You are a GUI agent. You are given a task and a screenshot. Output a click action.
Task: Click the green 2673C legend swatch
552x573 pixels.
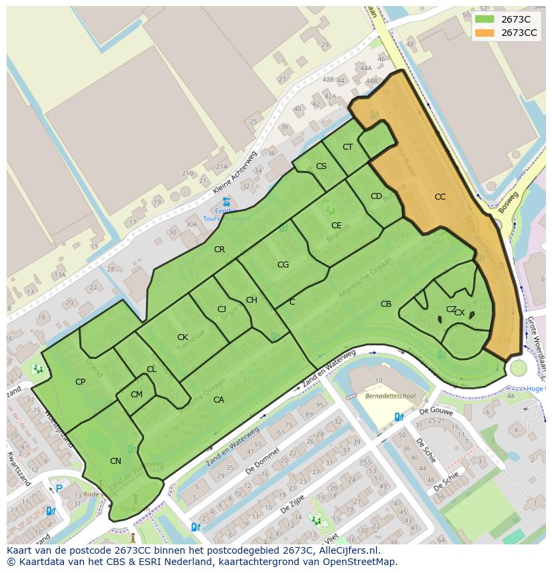coord(485,19)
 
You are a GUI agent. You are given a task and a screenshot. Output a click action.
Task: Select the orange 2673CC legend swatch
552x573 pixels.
coord(485,33)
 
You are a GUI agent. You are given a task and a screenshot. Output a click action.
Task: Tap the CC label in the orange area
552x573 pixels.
coord(440,196)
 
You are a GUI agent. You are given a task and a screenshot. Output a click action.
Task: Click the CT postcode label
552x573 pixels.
coord(347,147)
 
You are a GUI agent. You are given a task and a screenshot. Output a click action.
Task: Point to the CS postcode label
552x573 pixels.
coord(321,166)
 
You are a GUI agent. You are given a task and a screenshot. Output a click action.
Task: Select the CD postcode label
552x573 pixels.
coord(376,196)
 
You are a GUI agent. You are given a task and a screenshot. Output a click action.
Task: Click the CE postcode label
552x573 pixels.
coord(337,226)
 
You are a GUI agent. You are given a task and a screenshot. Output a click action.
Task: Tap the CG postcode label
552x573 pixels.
coord(283,265)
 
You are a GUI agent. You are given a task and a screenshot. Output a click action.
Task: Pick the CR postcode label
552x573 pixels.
coord(219,250)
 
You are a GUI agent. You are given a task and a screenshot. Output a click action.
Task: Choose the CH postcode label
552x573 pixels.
coord(251,300)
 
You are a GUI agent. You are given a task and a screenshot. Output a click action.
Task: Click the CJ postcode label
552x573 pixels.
coord(222,309)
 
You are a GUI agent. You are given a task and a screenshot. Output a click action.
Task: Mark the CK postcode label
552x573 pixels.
coord(182,337)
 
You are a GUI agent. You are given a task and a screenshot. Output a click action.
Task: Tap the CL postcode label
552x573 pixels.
coord(151,369)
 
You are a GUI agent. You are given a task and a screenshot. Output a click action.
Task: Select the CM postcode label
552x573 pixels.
coord(137,395)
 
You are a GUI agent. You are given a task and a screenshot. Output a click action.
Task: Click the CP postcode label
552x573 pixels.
coord(80,382)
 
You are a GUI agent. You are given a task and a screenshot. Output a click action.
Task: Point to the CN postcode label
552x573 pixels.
coord(115,461)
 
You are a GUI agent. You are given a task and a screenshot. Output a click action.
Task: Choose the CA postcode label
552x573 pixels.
coord(218,400)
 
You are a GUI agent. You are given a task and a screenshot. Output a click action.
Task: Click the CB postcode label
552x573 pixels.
coord(386,304)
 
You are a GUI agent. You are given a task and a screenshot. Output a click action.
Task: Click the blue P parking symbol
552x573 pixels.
coord(59,488)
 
